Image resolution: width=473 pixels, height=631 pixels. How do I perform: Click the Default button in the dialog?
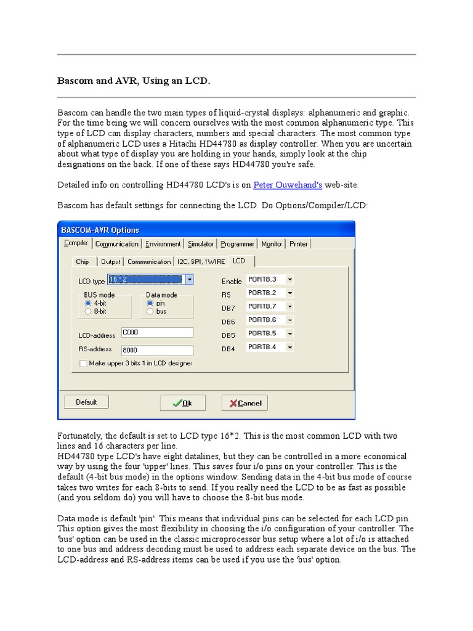click(x=86, y=402)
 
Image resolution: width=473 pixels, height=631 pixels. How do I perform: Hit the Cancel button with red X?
click(x=245, y=403)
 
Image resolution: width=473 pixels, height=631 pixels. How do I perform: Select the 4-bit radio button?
click(x=88, y=303)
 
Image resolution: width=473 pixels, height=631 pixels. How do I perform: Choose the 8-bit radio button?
click(x=88, y=311)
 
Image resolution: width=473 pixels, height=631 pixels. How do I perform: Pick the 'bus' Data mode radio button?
click(x=150, y=311)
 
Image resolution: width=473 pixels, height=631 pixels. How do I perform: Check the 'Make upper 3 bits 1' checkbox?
click(x=84, y=364)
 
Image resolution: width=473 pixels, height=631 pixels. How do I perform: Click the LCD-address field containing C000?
click(x=157, y=332)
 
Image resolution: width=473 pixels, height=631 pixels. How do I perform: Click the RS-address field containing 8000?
click(x=157, y=350)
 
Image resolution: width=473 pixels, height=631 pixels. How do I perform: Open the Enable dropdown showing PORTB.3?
click(x=289, y=280)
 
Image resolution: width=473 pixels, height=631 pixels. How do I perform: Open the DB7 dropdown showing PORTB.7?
click(x=289, y=306)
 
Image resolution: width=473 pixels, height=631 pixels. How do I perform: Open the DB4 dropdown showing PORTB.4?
click(x=289, y=347)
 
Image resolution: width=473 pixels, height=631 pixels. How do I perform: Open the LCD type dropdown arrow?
click(x=189, y=280)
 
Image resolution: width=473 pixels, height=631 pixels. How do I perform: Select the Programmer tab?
click(x=238, y=244)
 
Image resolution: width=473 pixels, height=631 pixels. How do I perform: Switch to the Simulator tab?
click(x=201, y=244)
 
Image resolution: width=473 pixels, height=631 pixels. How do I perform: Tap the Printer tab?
click(x=299, y=244)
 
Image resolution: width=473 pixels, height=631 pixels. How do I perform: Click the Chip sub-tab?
click(x=83, y=261)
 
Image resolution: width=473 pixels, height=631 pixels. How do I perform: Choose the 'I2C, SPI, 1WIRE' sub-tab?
click(x=201, y=261)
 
